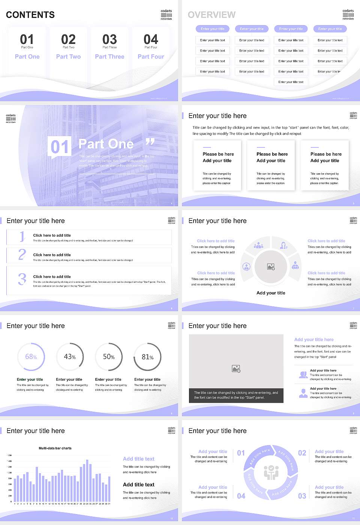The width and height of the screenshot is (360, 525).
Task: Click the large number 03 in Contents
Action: [x=109, y=39]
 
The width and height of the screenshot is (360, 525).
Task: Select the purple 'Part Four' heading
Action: [x=151, y=57]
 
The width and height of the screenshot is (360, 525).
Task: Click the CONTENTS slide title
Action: [x=30, y=15]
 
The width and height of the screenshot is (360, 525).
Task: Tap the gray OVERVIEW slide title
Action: [x=211, y=15]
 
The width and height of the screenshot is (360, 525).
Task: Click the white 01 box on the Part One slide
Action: [x=60, y=147]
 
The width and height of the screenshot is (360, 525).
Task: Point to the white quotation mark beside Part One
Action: [x=150, y=142]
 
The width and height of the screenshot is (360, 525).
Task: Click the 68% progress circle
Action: [x=31, y=357]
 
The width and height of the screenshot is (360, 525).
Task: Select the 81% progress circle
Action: [x=147, y=357]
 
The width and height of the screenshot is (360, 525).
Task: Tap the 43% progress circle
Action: [x=70, y=357]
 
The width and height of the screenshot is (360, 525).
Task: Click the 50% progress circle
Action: [x=109, y=357]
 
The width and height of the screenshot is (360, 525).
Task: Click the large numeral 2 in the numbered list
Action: [x=22, y=255]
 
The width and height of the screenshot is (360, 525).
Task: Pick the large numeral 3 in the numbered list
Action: [x=22, y=279]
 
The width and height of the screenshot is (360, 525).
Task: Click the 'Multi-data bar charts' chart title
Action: [x=55, y=448]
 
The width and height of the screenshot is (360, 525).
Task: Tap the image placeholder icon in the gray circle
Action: [x=271, y=267]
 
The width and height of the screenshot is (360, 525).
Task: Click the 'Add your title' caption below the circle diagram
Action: [x=271, y=293]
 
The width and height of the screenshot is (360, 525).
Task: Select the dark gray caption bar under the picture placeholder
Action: [x=236, y=395]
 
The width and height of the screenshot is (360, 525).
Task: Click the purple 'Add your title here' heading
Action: [x=314, y=339]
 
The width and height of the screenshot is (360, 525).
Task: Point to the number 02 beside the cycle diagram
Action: [x=302, y=453]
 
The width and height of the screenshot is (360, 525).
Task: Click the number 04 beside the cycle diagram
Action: [x=241, y=496]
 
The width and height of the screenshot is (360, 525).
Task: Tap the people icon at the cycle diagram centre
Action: [x=271, y=472]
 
